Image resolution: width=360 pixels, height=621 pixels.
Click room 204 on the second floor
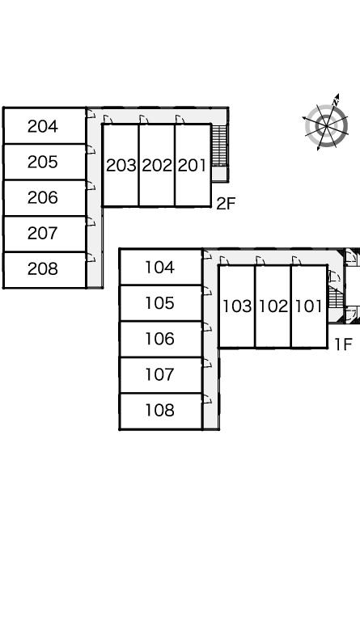coord(44,126)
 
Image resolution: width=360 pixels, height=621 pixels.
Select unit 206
coord(44,197)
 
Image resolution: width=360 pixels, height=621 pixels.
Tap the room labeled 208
coord(44,270)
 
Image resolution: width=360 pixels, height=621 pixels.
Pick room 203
coord(121,165)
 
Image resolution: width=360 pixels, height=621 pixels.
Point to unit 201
coord(193,165)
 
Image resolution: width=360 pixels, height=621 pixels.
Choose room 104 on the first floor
coord(161,267)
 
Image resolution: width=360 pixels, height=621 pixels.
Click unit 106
coord(161,339)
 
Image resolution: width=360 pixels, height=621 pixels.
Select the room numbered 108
coord(161,411)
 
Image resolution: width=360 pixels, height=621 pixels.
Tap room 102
coord(273,306)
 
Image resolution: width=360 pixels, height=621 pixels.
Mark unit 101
coord(309,306)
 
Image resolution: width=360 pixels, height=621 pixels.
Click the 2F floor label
coord(226,204)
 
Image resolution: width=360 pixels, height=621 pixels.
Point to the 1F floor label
coord(343,344)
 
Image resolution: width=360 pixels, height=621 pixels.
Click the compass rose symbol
coord(326,125)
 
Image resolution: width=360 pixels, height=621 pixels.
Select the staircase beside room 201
coord(219,146)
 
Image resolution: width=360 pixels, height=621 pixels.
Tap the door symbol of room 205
coord(91,150)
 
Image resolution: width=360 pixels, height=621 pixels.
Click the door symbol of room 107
coord(208,363)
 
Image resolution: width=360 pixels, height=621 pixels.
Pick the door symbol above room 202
coord(144,119)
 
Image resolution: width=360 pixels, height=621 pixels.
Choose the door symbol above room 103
coord(224,260)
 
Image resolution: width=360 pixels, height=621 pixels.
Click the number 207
coord(43,234)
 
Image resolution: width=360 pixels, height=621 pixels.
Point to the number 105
coord(159,303)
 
